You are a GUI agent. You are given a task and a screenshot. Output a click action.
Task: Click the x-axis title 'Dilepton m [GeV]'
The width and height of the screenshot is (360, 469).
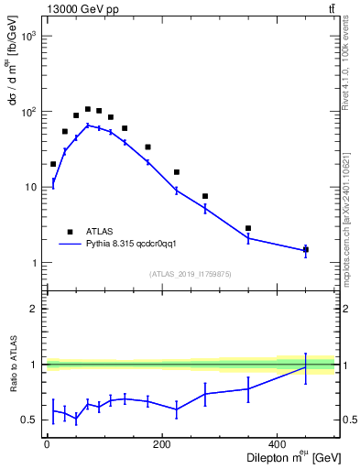[287, 459]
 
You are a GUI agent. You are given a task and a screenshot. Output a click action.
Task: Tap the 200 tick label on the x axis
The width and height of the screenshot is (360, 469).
[162, 444]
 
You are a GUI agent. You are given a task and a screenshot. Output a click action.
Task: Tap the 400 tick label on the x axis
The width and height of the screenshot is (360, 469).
[278, 444]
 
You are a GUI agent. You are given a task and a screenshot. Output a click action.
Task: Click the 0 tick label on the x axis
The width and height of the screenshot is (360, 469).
[47, 444]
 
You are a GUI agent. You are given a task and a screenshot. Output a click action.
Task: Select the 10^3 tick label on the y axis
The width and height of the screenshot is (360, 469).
[27, 36]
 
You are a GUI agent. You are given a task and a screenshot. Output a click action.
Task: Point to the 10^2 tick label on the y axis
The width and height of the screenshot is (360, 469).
[27, 112]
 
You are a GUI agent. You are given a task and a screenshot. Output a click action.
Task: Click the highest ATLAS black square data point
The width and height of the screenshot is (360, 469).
[88, 109]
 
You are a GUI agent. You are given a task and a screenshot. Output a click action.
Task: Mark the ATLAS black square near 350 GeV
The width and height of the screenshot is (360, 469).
[248, 228]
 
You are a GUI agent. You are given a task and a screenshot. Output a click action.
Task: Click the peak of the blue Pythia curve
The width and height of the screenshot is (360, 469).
[88, 125]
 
